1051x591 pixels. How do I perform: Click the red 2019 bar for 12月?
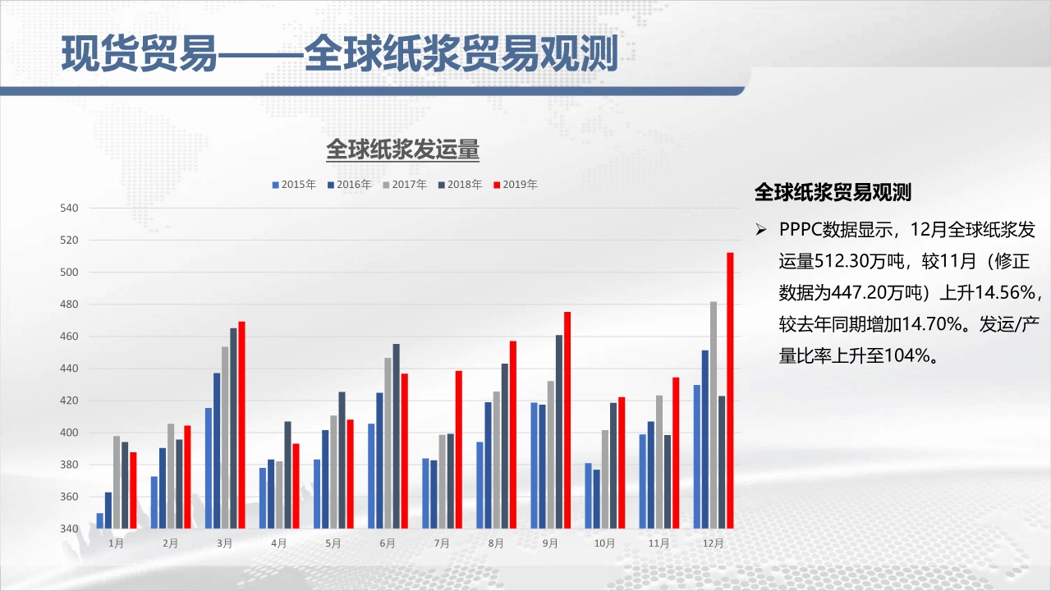(730, 390)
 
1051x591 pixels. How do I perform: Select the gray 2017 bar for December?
(714, 415)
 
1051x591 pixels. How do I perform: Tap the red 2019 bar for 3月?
(241, 425)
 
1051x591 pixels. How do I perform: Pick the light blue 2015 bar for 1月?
(100, 520)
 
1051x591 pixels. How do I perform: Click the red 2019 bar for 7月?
(458, 450)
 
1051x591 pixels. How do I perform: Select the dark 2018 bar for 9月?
(559, 432)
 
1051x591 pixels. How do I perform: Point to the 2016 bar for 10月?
(596, 499)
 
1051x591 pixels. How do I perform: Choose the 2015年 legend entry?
(294, 185)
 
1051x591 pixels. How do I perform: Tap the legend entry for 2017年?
(405, 185)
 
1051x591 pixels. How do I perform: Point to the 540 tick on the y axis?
(69, 208)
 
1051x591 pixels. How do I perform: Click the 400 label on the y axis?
(69, 433)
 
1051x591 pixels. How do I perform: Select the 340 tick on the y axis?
(69, 529)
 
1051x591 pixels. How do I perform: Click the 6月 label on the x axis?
(388, 543)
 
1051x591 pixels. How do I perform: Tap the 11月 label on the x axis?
(659, 543)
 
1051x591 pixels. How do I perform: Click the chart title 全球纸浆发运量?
(402, 149)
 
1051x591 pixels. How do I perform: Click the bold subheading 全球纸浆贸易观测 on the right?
(833, 192)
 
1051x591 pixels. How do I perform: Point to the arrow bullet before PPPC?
(761, 229)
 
